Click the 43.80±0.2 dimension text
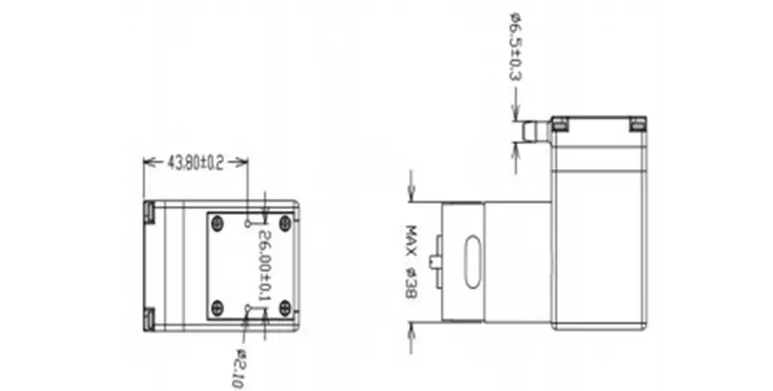196,162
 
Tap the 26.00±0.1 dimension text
264,266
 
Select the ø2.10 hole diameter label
239,369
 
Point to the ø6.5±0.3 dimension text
515,47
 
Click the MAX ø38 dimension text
411,262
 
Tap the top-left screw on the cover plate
217,224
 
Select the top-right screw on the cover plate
285,224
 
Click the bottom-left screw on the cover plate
217,309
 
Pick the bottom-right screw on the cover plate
285,309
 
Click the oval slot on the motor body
473,262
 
